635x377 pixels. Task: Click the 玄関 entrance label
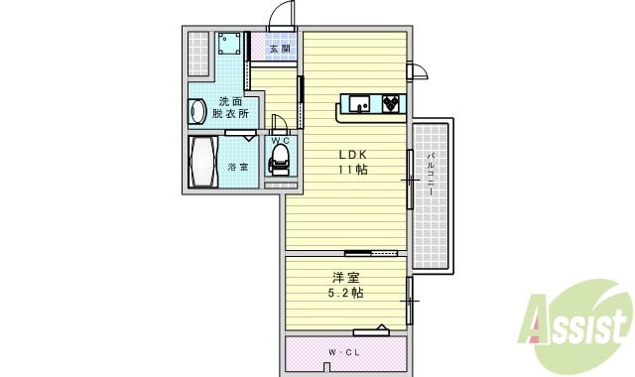click(279, 48)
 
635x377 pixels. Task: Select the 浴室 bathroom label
click(238, 166)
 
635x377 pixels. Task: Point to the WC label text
click(281, 141)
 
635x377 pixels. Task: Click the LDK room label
click(354, 155)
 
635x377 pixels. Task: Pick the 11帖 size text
click(354, 171)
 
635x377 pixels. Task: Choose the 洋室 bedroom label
click(345, 278)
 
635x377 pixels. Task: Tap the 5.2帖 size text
click(345, 294)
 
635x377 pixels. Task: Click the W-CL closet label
click(344, 353)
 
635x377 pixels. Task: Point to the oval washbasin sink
click(196, 110)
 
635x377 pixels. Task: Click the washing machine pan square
click(230, 44)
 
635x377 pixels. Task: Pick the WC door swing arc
click(279, 124)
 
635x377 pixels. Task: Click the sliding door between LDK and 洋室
click(377, 254)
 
